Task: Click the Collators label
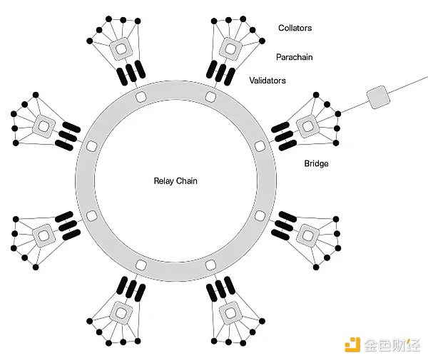coord(295,29)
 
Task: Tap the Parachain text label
coord(295,56)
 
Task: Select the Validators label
coord(267,81)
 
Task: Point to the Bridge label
coord(316,164)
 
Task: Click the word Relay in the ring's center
coord(164,181)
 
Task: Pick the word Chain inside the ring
coord(187,181)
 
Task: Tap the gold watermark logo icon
coord(351,344)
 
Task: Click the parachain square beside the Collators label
coord(230,48)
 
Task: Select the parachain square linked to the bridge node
coord(307,125)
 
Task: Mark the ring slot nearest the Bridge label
coord(259,145)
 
